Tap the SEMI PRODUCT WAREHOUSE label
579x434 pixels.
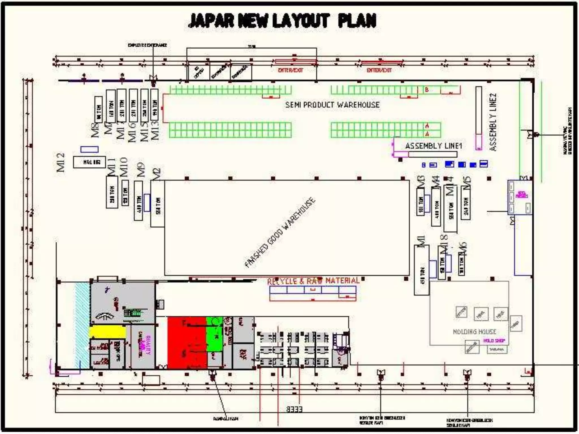click(x=332, y=105)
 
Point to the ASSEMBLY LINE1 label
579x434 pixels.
click(x=433, y=146)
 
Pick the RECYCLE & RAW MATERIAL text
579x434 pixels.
click(x=313, y=281)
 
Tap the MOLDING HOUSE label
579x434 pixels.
click(x=474, y=331)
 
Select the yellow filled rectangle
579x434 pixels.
click(x=107, y=332)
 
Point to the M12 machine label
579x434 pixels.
click(x=61, y=162)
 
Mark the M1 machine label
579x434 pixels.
click(x=421, y=242)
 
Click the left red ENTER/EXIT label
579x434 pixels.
click(x=290, y=70)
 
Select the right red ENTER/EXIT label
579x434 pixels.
click(x=379, y=70)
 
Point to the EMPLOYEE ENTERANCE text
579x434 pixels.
click(x=147, y=45)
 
